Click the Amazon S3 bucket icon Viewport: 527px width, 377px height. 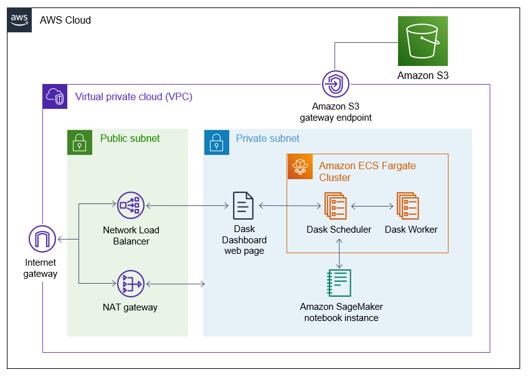(x=423, y=41)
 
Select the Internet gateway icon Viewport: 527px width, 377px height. (x=42, y=240)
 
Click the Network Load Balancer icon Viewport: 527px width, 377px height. (x=130, y=205)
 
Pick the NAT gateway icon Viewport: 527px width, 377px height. (x=130, y=284)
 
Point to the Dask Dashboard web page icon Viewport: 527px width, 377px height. (x=244, y=205)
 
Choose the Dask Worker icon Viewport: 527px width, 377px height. (x=409, y=205)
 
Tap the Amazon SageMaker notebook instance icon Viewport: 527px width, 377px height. (x=339, y=282)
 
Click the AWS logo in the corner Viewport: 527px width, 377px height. (x=19, y=20)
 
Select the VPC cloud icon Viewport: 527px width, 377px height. (x=55, y=96)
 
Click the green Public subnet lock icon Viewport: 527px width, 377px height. (x=79, y=142)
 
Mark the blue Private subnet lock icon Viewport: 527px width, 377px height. (x=216, y=142)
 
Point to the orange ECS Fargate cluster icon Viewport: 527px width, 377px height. (x=300, y=166)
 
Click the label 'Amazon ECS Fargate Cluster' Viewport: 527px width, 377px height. (x=367, y=172)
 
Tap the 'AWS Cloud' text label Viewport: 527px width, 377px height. (x=65, y=20)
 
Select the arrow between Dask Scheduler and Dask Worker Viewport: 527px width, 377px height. (x=372, y=205)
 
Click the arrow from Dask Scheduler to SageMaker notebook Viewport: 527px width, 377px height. (x=339, y=251)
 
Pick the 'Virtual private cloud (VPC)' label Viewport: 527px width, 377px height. (x=133, y=97)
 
